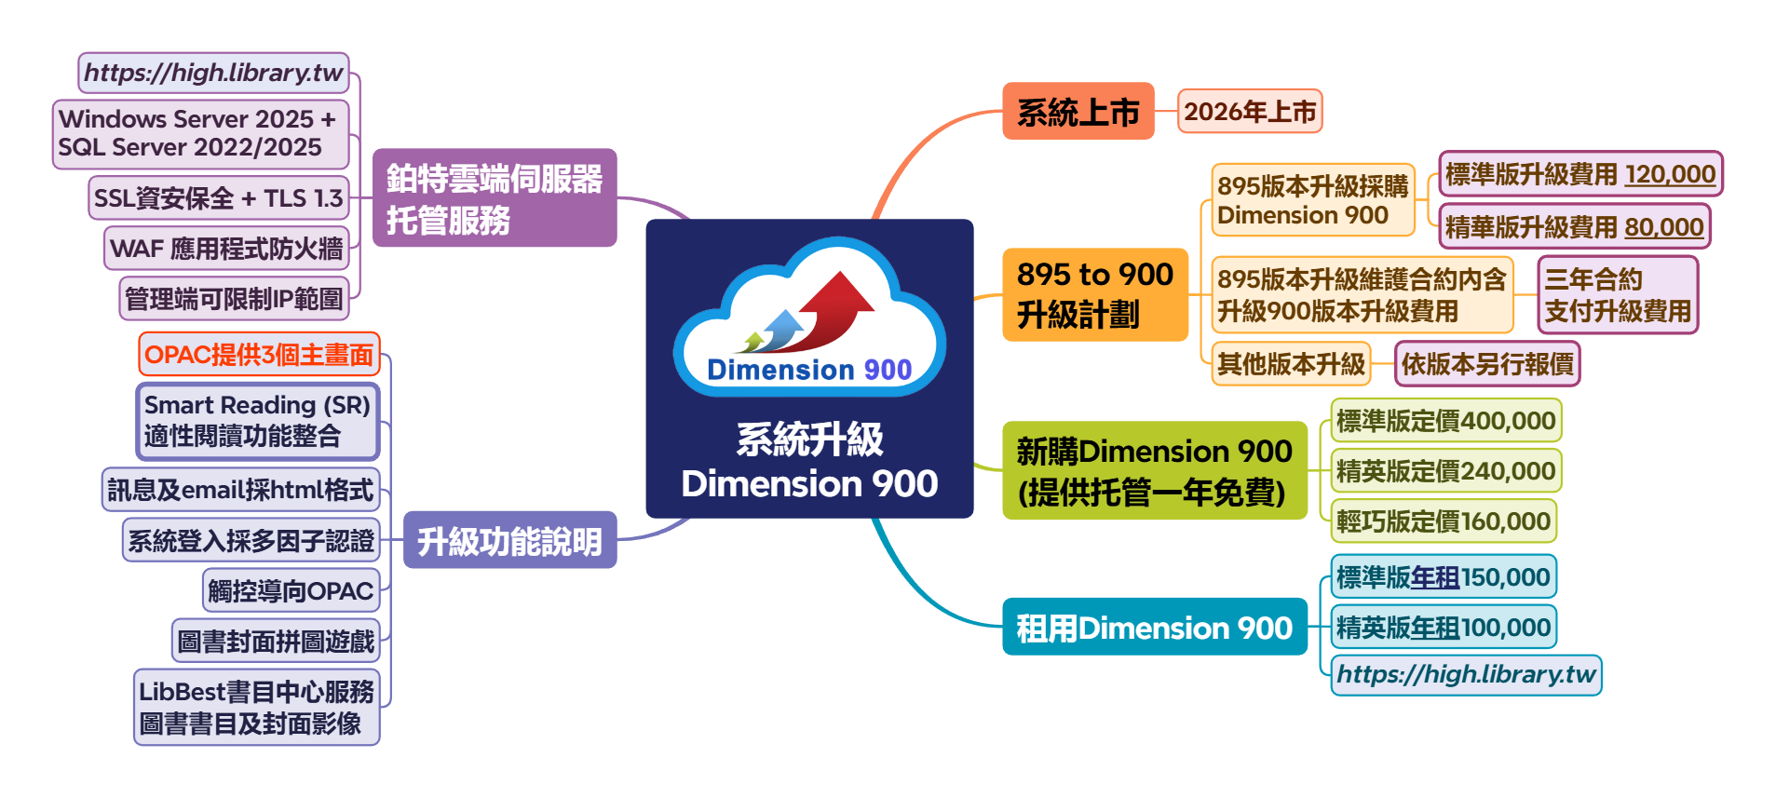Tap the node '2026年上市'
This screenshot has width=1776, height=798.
coord(1249,112)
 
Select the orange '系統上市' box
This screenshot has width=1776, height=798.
coord(1078,112)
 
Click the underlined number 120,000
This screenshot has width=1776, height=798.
coord(1670,174)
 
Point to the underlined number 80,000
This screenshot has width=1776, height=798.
coord(1663,227)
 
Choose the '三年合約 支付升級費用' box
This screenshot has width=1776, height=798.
coord(1617,295)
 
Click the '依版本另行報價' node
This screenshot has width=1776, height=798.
coord(1486,364)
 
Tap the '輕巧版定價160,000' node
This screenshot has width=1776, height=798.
coord(1443,521)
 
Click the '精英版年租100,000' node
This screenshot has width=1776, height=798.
coord(1443,628)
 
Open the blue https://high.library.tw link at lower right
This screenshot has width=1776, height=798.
coord(1466,675)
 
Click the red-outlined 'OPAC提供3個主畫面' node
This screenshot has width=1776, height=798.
coord(259,355)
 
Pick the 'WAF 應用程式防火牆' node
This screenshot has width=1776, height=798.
coord(226,249)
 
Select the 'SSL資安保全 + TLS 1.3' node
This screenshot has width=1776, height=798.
coord(218,198)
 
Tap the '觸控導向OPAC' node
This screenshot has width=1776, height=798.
coord(291,591)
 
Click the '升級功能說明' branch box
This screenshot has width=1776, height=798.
coord(509,541)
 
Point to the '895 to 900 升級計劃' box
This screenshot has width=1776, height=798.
coord(1094,294)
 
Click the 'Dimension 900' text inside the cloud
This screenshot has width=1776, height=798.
coord(808,370)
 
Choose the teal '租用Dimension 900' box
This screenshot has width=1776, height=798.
coord(1154,628)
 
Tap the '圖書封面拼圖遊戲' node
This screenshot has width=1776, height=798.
coord(276,642)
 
